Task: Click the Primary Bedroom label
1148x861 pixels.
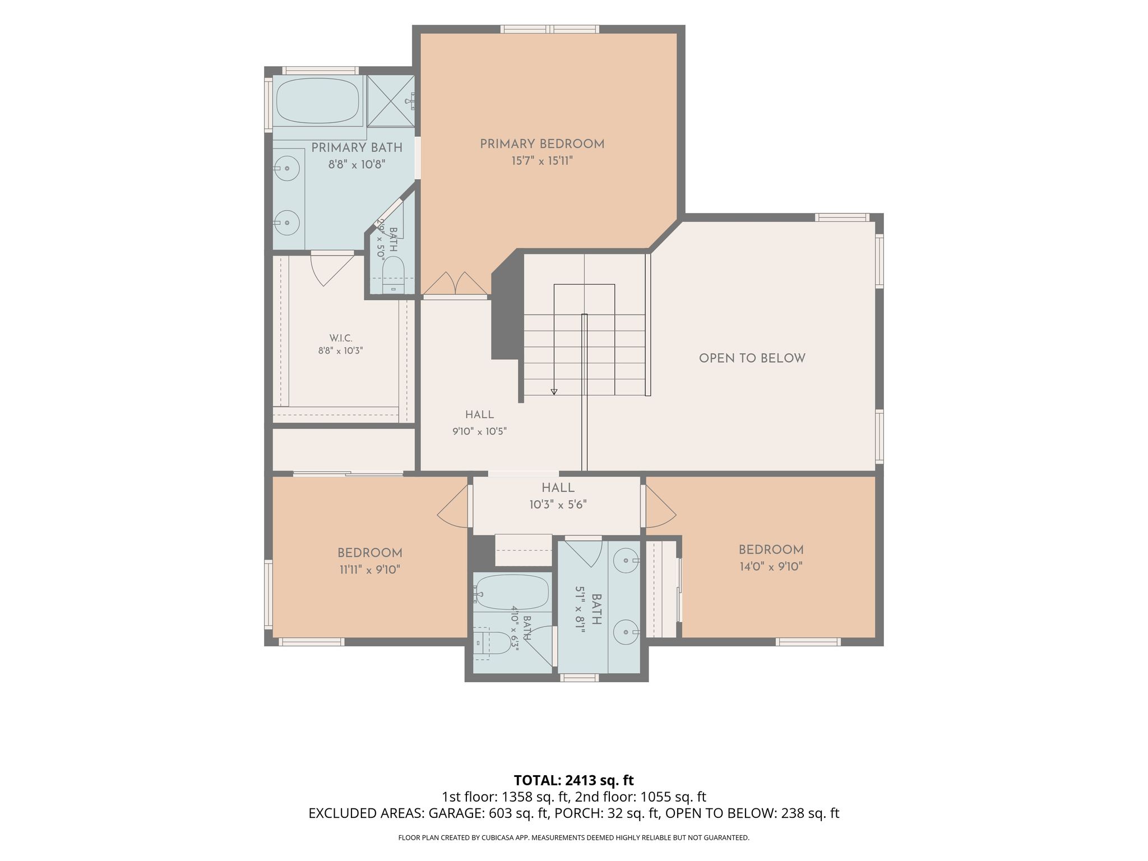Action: pyautogui.click(x=542, y=144)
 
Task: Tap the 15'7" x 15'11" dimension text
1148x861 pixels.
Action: pyautogui.click(x=542, y=161)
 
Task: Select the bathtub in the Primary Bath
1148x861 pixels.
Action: pyautogui.click(x=317, y=100)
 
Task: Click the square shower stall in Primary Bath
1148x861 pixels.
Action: pyautogui.click(x=391, y=101)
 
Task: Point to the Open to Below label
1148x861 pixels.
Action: pyautogui.click(x=752, y=358)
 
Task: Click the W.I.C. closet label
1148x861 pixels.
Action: pyautogui.click(x=341, y=338)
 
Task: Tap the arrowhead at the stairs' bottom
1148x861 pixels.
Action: pyautogui.click(x=554, y=392)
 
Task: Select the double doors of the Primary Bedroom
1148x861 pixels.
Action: pyautogui.click(x=455, y=283)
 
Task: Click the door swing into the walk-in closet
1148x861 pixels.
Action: pyautogui.click(x=332, y=269)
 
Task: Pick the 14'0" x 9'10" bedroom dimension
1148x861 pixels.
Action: pyautogui.click(x=771, y=567)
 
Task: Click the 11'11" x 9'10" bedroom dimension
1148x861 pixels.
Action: pyautogui.click(x=370, y=570)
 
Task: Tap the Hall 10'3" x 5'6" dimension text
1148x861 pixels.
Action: pyautogui.click(x=558, y=505)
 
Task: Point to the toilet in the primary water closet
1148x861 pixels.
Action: pyautogui.click(x=393, y=275)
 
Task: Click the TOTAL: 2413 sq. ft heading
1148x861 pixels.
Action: pyautogui.click(x=574, y=780)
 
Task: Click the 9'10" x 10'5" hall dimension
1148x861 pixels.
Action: pyautogui.click(x=480, y=432)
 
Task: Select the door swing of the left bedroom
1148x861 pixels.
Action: pyautogui.click(x=453, y=506)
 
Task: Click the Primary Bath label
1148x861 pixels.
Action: pyautogui.click(x=357, y=148)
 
